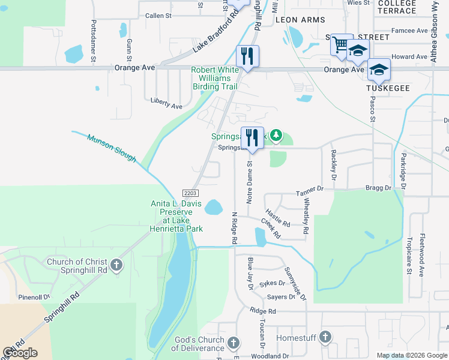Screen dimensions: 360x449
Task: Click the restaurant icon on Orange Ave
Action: point(247,56)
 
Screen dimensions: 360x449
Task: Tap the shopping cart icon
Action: point(341,44)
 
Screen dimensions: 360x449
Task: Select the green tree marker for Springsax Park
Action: point(276,136)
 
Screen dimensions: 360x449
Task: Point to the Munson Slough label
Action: point(112,148)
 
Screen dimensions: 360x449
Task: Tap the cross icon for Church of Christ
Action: point(116,264)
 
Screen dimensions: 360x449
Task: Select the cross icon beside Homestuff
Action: point(325,337)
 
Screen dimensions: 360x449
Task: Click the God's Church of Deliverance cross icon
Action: point(234,343)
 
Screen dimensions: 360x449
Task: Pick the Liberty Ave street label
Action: point(166,106)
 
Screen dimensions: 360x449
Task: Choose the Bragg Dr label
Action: point(378,188)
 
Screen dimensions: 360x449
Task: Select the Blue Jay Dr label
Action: point(251,274)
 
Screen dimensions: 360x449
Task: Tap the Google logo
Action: point(20,353)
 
